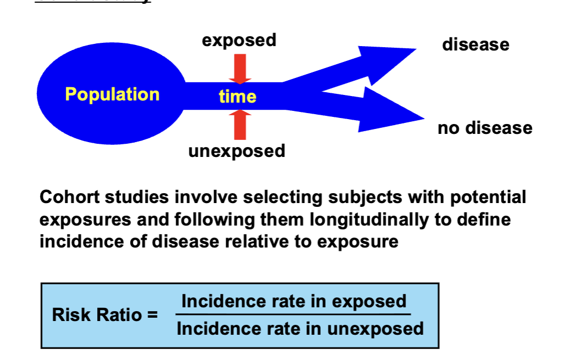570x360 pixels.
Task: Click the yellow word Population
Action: (112, 94)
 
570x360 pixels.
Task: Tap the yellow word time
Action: (237, 97)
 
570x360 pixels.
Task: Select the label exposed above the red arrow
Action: (239, 40)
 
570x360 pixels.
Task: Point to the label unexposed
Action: (237, 151)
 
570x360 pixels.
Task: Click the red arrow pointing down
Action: (239, 69)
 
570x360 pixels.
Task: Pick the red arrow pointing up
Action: (239, 125)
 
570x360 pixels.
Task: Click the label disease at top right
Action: (476, 44)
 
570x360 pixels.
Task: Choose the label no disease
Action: (485, 128)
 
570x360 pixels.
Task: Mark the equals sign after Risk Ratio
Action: (152, 315)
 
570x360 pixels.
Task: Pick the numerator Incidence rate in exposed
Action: (293, 301)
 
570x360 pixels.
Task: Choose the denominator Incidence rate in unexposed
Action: (300, 329)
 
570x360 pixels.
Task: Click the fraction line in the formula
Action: (293, 315)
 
